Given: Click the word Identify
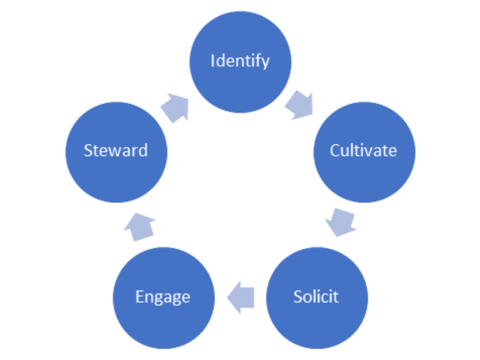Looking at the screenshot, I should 240,61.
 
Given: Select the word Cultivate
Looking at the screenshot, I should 363,150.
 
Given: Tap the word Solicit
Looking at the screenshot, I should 316,296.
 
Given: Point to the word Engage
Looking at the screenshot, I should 163,297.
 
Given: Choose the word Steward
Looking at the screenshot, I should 116,150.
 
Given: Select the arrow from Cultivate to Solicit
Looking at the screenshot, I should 341,222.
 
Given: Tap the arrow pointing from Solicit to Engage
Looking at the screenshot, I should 241,298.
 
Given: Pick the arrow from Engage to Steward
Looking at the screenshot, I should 139,225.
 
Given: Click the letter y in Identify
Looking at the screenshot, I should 265,63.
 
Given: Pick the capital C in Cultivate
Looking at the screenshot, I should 335,150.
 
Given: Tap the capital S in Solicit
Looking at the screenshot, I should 298,296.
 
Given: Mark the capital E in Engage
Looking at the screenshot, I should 139,297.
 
